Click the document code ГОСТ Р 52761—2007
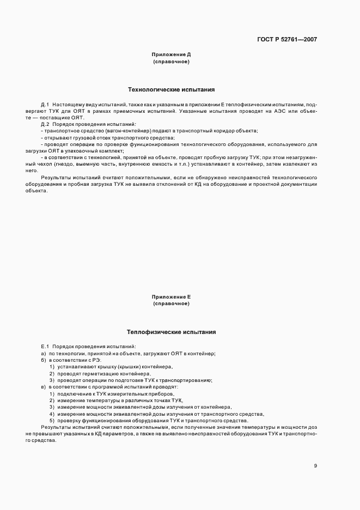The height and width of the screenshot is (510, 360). click(286, 39)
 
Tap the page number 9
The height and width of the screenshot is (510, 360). click(315, 465)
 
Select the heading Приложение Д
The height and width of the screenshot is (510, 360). click(171, 54)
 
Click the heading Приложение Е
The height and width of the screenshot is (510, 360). click(171, 296)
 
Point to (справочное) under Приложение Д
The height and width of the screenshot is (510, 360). click(171, 62)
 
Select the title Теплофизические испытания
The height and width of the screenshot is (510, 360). click(171, 331)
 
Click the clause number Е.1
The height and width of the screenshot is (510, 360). click(45, 347)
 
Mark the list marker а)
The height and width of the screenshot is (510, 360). click(43, 354)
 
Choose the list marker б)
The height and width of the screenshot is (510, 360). click(43, 361)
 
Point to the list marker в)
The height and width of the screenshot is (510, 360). click(43, 387)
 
